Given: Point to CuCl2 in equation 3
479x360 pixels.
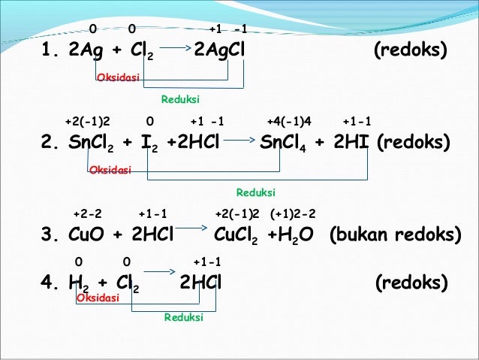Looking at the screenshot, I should [237, 236].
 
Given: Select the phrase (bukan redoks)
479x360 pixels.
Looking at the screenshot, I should [395, 235].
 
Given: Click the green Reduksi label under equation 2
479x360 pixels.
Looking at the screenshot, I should [256, 192].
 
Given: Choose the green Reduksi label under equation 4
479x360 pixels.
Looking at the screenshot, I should [184, 317].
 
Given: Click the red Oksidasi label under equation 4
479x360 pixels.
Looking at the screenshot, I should [98, 298].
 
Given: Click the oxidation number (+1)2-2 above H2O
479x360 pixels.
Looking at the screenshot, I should [294, 213].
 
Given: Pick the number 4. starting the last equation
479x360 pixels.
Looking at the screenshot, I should [50, 283].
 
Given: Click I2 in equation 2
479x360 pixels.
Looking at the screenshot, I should [155, 144].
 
